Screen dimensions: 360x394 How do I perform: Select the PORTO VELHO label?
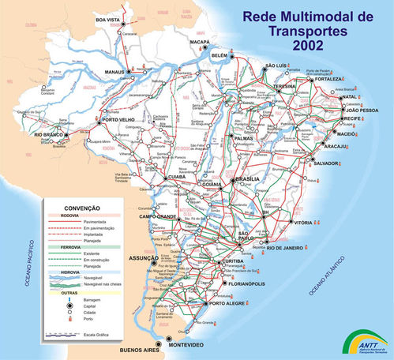pyautogui.click(x=120, y=121)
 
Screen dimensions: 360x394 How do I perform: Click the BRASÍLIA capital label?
pyautogui.click(x=248, y=180)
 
